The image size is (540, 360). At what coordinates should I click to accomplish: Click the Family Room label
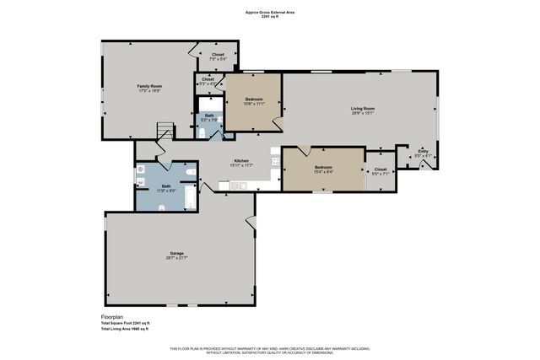click(x=149, y=86)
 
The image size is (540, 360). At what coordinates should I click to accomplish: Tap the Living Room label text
click(x=363, y=109)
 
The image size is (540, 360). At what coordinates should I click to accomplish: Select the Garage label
click(x=176, y=253)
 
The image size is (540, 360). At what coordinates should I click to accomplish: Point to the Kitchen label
click(x=241, y=160)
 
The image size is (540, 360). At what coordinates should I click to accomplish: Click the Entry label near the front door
click(x=423, y=151)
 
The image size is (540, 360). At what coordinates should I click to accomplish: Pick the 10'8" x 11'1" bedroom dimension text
click(x=255, y=104)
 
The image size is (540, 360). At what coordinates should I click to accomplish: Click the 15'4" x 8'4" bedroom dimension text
click(x=324, y=172)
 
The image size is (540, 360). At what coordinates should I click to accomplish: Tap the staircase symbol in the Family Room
click(x=165, y=130)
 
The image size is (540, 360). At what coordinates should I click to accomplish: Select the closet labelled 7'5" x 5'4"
click(x=206, y=56)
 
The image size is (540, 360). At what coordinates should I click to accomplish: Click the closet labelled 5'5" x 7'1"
click(x=381, y=173)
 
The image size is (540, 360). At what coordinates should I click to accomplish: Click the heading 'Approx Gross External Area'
click(x=270, y=13)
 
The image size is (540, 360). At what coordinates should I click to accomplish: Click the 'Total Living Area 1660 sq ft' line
click(x=125, y=329)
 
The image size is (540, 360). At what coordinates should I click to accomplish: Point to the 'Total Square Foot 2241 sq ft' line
click(x=125, y=323)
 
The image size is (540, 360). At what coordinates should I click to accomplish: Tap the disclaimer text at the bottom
click(x=270, y=350)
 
